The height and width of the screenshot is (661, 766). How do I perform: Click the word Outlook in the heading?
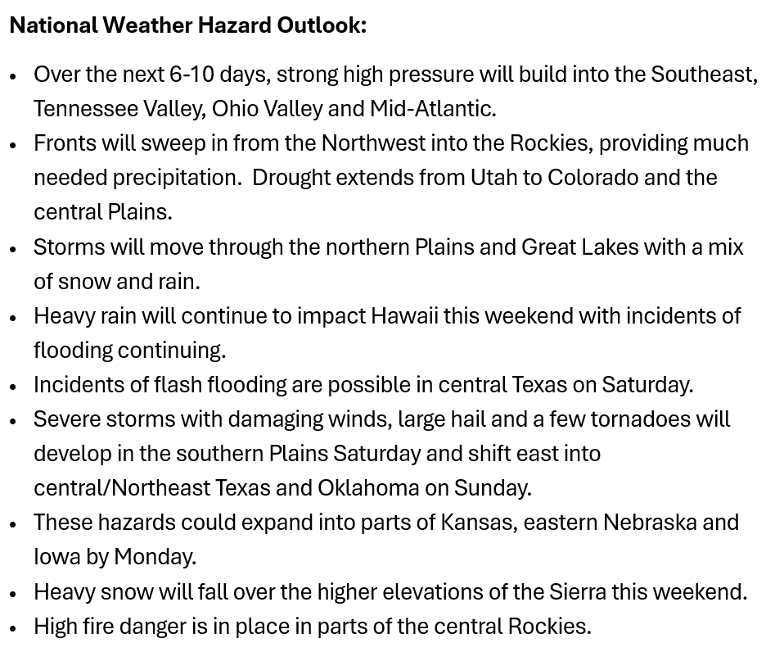(x=322, y=25)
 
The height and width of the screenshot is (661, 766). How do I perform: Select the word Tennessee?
(x=85, y=109)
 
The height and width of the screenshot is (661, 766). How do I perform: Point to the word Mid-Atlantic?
(x=433, y=109)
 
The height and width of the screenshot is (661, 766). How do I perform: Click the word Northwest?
(x=373, y=143)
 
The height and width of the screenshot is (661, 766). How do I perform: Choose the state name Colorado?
(x=593, y=178)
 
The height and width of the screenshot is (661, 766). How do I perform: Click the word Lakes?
(x=611, y=247)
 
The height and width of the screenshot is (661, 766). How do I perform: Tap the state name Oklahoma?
(x=368, y=488)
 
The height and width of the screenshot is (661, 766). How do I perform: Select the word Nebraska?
(x=651, y=522)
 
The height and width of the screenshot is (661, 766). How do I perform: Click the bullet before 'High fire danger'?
(x=13, y=627)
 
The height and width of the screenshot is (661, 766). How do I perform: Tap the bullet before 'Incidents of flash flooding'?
(x=13, y=387)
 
